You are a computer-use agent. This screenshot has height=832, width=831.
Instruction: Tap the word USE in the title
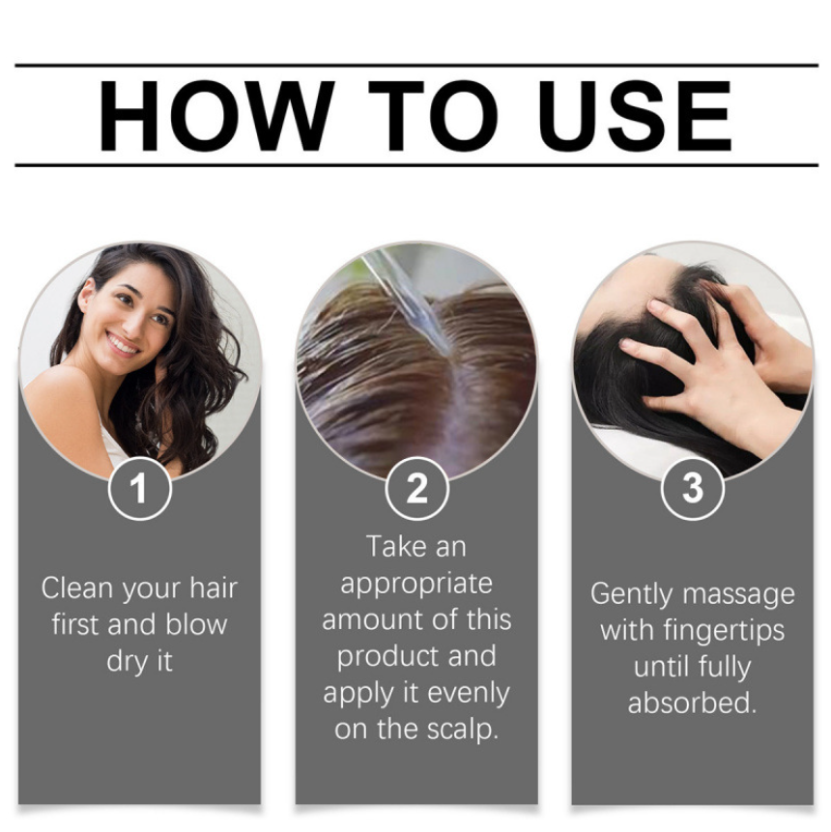tap(636, 116)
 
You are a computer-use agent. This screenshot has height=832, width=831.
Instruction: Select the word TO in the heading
tap(433, 116)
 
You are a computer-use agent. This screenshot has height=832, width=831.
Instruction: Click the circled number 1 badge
tap(139, 489)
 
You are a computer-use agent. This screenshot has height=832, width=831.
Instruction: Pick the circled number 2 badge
tap(416, 489)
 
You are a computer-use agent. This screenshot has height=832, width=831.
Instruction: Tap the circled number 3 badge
tap(693, 488)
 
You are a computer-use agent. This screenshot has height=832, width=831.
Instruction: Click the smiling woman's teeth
tap(123, 345)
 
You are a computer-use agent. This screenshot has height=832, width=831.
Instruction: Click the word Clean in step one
tap(77, 588)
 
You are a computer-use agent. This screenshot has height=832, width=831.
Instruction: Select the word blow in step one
tap(196, 624)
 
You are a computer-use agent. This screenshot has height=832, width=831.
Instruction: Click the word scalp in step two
tap(462, 731)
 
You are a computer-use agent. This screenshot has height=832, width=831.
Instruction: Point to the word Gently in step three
tap(632, 595)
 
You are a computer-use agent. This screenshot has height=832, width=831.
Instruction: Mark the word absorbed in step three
tap(692, 703)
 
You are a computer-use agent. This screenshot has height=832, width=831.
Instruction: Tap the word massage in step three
tap(738, 595)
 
